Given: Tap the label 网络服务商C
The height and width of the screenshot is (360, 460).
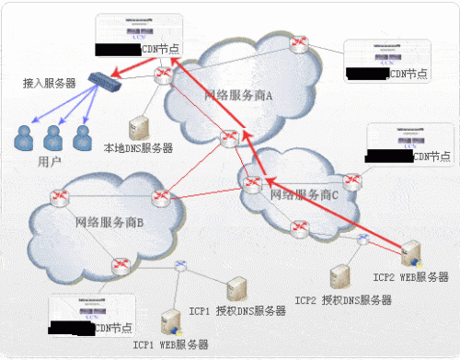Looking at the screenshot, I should (304, 195).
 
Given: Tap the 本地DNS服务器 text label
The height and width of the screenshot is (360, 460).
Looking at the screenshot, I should (139, 147).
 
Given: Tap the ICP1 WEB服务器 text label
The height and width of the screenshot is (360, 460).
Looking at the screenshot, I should (170, 345).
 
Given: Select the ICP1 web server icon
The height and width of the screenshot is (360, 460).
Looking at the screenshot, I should (169, 322).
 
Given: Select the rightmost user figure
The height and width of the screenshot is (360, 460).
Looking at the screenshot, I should (82, 138).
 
